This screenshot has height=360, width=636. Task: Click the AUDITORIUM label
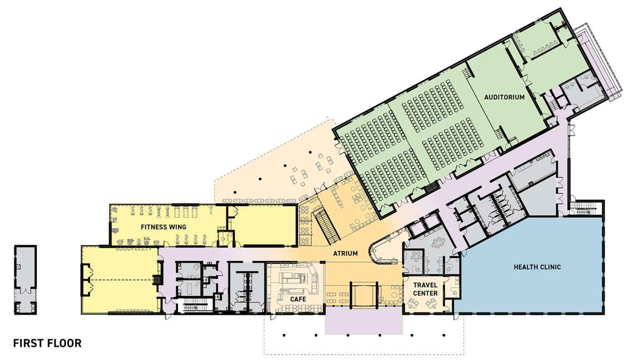[x=504, y=97]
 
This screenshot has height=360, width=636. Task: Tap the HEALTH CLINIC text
[x=537, y=267]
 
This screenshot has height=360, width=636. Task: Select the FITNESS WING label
[x=163, y=227]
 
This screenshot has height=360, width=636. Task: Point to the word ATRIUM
[x=345, y=253]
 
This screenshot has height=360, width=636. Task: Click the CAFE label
[x=298, y=299]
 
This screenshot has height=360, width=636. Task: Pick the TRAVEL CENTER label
[x=425, y=289]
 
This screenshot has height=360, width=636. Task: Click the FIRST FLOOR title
[x=47, y=343]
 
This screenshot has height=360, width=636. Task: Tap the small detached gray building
[x=25, y=280]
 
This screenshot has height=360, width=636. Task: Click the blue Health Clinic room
[x=534, y=286]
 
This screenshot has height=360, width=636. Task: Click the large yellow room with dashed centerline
[x=120, y=280]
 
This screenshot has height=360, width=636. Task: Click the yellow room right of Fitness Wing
[x=263, y=226]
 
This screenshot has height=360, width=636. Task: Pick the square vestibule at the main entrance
[x=364, y=295]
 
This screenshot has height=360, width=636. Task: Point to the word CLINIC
[x=549, y=267]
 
